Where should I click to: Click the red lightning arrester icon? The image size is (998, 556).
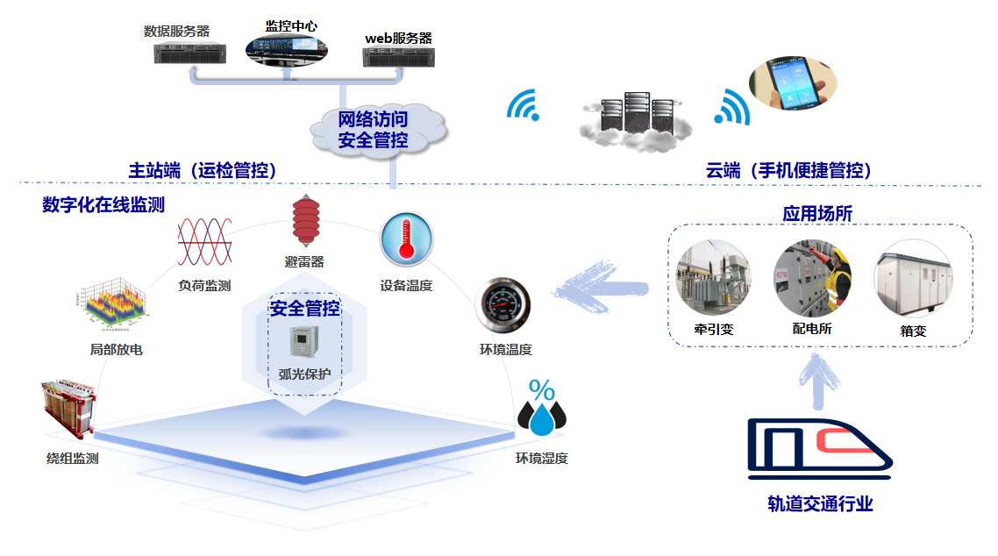coord(304,222)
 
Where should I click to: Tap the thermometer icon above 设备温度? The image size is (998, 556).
coord(405,239)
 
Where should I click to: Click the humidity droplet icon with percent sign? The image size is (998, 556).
coord(540,409)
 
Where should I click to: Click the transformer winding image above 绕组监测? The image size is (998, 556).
coord(68,412)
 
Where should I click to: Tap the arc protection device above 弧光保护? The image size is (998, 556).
coord(303,342)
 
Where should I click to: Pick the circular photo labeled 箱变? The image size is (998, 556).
coord(911,278)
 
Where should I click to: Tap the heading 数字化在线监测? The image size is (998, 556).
coord(103,204)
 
